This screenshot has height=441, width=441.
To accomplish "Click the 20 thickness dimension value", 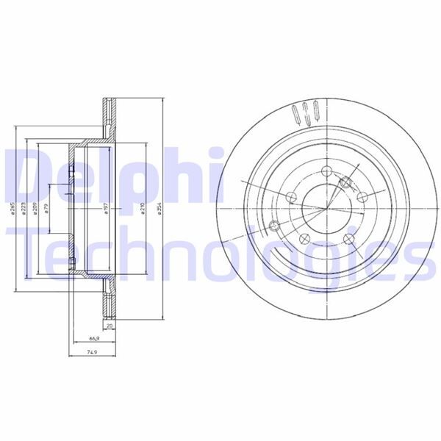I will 110,324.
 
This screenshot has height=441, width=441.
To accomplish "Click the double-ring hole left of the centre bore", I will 275,226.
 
